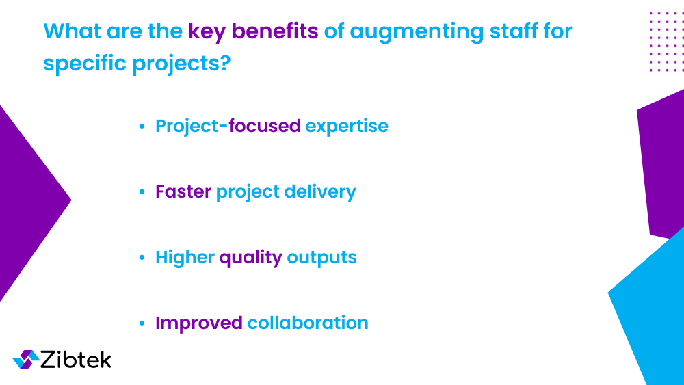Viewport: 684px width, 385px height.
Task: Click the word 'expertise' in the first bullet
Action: tap(347, 127)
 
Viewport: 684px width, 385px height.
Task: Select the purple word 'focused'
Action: tap(265, 127)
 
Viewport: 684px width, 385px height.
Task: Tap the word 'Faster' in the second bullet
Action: tap(183, 192)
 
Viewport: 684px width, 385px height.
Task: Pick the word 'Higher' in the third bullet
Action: tap(184, 258)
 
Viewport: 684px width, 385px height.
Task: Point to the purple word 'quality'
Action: tap(250, 258)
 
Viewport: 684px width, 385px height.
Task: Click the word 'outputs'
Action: tap(321, 258)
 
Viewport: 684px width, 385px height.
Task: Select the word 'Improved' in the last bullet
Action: tap(198, 323)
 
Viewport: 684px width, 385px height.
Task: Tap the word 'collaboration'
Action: tap(308, 323)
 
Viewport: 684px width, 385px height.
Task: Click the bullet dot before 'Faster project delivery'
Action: tap(142, 193)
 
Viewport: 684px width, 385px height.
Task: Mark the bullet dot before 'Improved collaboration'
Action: tap(142, 323)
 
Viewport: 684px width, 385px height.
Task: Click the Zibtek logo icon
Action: tap(26, 360)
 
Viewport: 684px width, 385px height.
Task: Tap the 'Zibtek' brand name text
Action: tap(76, 360)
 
